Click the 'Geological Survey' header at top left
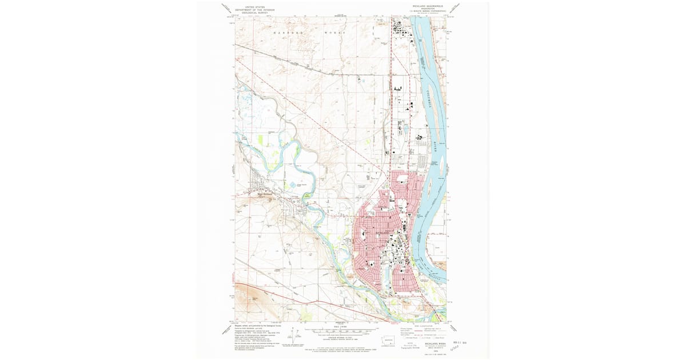(256, 12)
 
